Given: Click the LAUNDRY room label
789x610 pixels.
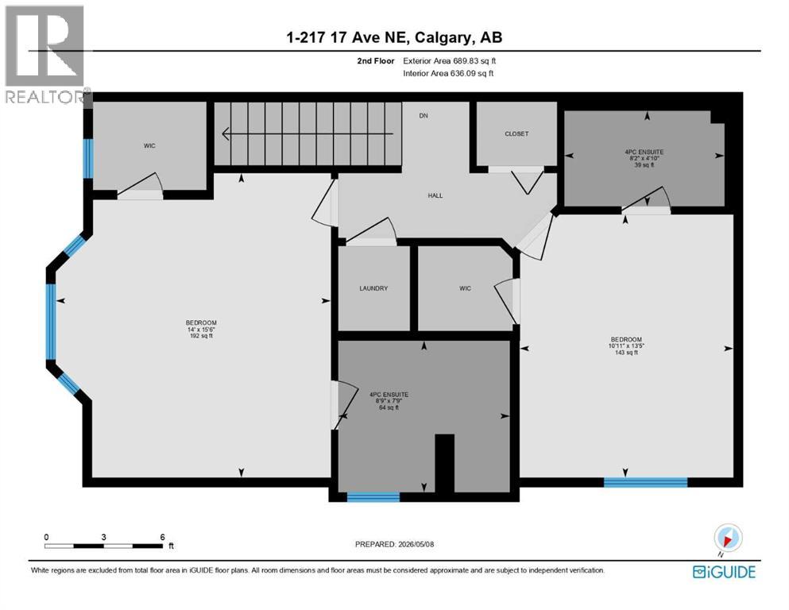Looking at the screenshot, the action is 373,288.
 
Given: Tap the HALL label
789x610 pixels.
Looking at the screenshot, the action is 435,195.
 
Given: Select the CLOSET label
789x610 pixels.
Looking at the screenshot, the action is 516,133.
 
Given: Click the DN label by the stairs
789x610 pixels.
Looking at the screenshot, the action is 424,116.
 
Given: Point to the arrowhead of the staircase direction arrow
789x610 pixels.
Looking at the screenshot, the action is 225,133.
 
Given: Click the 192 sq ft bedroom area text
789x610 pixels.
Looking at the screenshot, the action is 201,336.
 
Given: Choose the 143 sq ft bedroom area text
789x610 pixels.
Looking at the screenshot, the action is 626,353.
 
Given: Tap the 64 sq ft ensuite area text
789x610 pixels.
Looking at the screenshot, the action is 389,407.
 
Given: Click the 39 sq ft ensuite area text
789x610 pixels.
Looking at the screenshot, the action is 644,165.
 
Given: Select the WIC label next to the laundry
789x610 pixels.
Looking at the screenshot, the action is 465,288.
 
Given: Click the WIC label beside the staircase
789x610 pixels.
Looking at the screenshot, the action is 149,146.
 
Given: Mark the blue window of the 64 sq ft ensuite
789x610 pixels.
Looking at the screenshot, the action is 373,497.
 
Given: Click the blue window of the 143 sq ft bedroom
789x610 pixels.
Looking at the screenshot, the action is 646,482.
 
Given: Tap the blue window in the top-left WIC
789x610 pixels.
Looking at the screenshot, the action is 88,158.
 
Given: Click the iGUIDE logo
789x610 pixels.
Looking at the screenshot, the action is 724,572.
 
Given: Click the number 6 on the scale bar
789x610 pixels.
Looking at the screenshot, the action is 163,537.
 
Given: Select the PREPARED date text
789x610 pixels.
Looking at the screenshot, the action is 394,544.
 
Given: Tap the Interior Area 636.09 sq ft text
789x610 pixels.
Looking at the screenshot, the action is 448,73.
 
